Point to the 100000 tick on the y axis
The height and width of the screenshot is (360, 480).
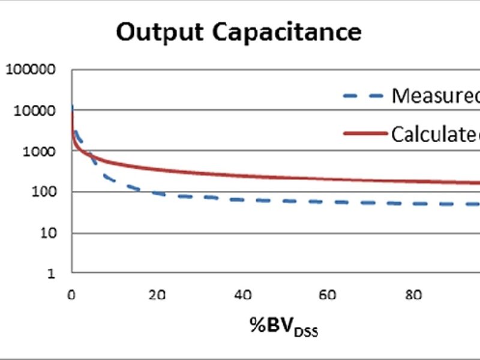click(31, 70)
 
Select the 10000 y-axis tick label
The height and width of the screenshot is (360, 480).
click(35, 110)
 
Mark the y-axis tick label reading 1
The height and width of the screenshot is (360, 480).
click(52, 274)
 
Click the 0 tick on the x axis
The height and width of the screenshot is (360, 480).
click(71, 295)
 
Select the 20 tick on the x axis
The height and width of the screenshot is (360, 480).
click(157, 295)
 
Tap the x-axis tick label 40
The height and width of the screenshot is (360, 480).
click(242, 295)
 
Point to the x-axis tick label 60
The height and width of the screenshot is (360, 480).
click(327, 295)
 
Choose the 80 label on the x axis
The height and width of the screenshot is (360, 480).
click(412, 295)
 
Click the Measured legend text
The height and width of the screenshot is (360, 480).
click(436, 95)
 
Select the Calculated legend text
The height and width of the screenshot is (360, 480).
click(436, 134)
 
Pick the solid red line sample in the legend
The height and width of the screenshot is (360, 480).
click(365, 134)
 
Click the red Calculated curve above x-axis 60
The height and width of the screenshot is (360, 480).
click(327, 179)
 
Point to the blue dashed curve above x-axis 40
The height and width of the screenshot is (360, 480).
click(242, 200)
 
